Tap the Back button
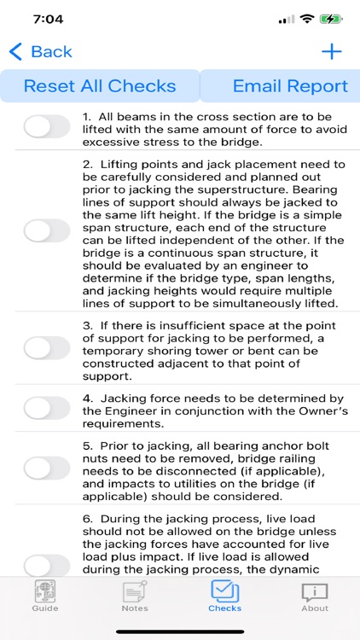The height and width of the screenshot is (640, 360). (x=41, y=52)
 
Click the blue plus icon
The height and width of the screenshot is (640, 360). (x=331, y=52)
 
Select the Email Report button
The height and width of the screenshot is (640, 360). (x=290, y=86)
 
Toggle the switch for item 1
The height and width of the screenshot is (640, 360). (x=47, y=127)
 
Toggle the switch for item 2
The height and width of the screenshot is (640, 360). (x=47, y=230)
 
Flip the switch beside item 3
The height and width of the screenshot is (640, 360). (x=47, y=348)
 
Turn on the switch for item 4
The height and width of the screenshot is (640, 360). (x=47, y=409)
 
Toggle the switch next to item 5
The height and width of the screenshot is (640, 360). (x=47, y=467)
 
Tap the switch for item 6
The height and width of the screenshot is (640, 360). (x=47, y=565)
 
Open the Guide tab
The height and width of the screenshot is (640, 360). (x=45, y=596)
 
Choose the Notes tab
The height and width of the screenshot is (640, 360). (x=135, y=596)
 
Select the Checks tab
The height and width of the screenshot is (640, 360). (x=225, y=596)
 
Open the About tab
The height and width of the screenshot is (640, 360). (x=315, y=596)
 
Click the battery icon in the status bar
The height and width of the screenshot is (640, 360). (x=331, y=18)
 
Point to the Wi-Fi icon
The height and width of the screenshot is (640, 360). (x=305, y=18)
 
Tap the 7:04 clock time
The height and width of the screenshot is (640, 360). (x=49, y=18)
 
